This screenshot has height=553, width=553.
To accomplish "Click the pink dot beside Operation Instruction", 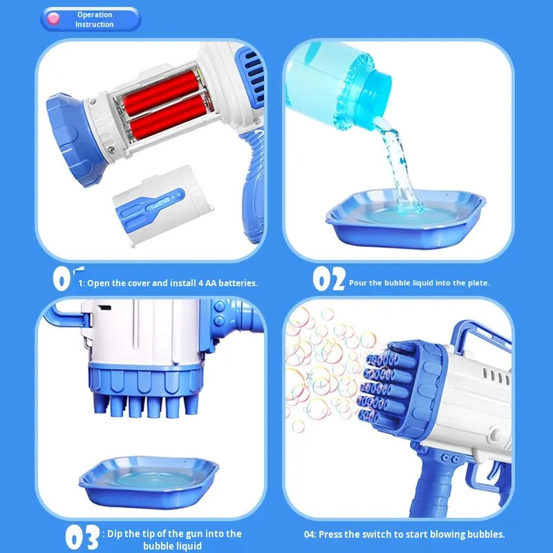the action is coord(53,19).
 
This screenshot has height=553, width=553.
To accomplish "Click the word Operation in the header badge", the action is coord(95,15).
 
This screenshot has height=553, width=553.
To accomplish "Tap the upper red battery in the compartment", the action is coord(161,92).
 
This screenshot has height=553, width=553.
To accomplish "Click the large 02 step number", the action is coord(329,279).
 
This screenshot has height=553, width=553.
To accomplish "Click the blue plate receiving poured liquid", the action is coord(406,218).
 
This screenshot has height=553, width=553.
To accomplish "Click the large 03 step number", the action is coord(82,536).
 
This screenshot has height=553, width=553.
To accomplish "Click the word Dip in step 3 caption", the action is coord(114,534).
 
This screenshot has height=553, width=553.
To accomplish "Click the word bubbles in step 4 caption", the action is coord(487,534).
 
